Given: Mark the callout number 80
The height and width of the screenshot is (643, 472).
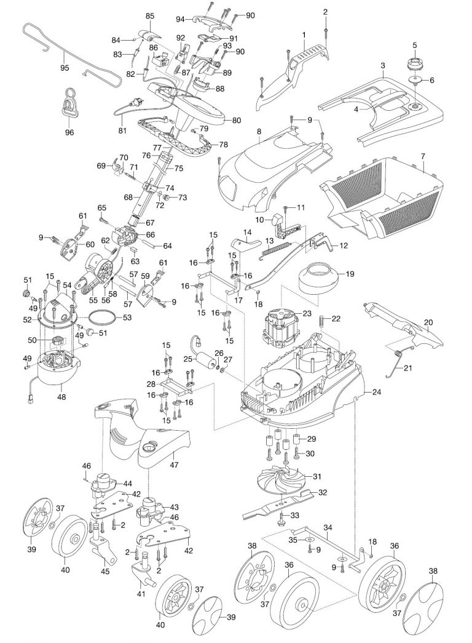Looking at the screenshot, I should click(236, 121).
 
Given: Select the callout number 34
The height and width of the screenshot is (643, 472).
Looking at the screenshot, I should click(328, 527).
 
